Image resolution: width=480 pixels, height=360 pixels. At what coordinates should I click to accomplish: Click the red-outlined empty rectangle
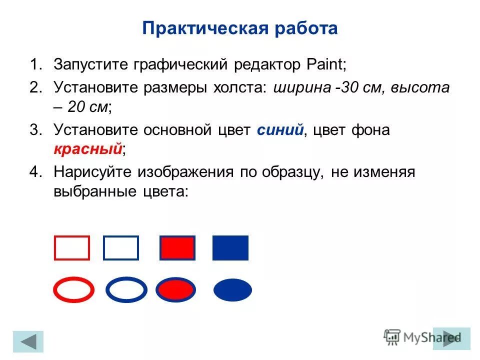point(72,248)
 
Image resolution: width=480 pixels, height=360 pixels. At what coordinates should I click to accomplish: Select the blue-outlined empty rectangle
point(121,248)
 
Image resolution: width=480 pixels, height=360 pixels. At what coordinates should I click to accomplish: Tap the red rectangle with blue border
point(177,248)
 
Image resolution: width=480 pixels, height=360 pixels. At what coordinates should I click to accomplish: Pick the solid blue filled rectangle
point(230,248)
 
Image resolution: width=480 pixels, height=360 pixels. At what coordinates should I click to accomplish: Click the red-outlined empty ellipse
point(73,290)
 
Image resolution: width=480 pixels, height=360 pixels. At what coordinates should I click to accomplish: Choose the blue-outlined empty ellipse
point(127,290)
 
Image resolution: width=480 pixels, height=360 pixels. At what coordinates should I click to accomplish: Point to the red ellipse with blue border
point(175,290)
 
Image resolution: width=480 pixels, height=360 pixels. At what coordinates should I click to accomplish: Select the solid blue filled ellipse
point(232,290)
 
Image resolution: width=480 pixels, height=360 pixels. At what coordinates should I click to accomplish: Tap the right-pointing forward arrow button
point(451,338)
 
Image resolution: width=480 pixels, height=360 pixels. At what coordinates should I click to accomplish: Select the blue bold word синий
point(280,130)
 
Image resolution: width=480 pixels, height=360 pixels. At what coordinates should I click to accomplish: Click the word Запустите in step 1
point(90,65)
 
